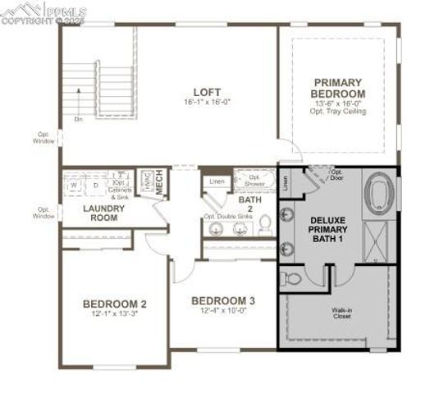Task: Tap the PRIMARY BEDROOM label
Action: [x=336, y=87]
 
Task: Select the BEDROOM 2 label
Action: [x=114, y=304]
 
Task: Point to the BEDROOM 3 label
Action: [x=222, y=300]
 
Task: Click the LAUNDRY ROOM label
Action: [x=103, y=213]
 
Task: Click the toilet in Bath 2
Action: [x=265, y=226]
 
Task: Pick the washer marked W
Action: [x=74, y=186]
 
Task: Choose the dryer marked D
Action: [x=95, y=186]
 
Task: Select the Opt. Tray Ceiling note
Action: [x=336, y=109]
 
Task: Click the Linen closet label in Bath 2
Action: [x=217, y=181]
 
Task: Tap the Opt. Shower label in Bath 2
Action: [x=254, y=181]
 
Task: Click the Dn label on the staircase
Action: [x=78, y=120]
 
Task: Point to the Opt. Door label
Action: [x=336, y=173]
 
